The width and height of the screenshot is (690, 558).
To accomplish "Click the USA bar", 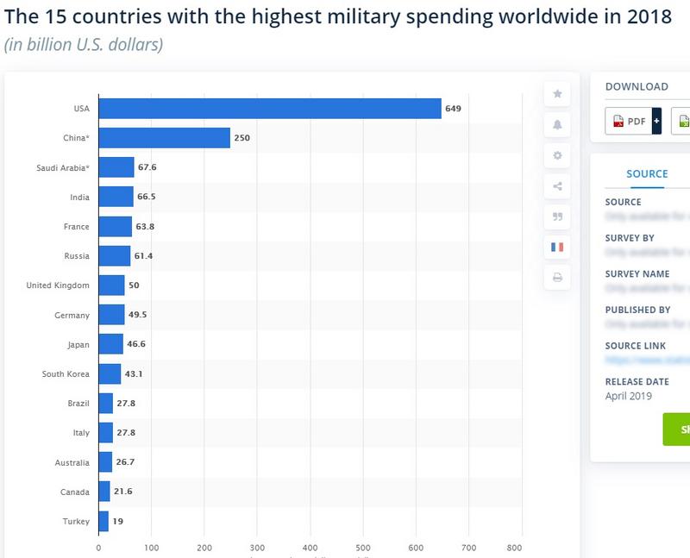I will (x=269, y=108).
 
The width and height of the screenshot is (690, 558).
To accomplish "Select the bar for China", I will (x=164, y=138).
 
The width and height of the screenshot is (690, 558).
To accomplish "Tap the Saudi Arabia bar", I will (x=116, y=167).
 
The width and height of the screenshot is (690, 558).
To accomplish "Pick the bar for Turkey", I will (x=103, y=521).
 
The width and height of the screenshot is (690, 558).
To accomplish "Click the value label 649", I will (x=454, y=109).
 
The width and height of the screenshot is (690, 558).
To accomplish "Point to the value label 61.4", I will (x=143, y=256).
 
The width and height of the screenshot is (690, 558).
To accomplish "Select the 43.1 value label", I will (x=134, y=374).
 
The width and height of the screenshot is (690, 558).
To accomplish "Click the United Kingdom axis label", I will (x=58, y=285).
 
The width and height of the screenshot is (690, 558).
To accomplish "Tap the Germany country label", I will (x=72, y=316).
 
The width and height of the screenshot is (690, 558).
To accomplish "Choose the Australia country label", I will (x=71, y=462).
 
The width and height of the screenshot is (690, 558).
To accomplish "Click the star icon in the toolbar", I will (x=557, y=94).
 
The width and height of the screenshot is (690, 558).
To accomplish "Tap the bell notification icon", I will (x=557, y=125).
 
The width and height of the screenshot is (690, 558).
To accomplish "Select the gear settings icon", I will (x=557, y=155).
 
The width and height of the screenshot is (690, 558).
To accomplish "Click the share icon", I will (x=557, y=186).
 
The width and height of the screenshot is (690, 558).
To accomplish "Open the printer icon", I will (x=557, y=278).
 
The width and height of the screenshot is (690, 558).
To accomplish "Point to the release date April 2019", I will (x=629, y=396).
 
